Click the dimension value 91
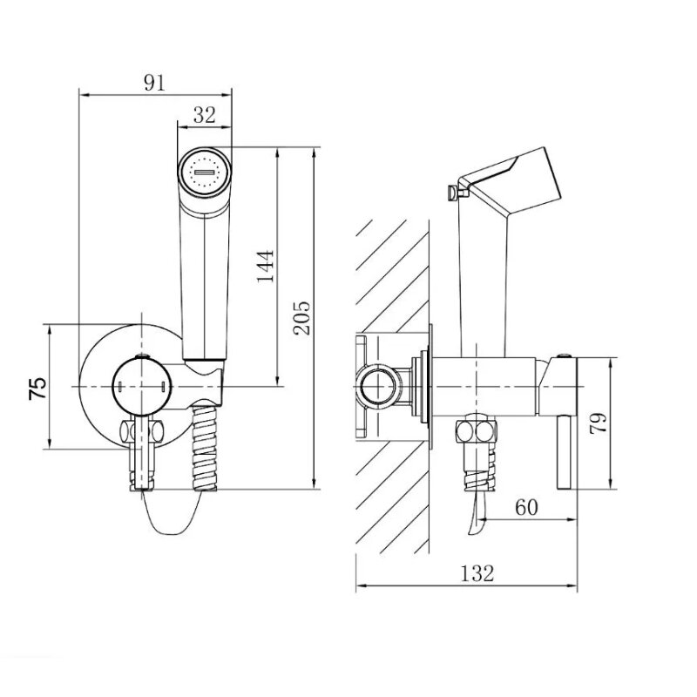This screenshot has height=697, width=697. [154, 83]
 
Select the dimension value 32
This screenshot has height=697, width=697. [205, 115]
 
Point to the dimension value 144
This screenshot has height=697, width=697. [266, 267]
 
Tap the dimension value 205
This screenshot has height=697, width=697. [301, 318]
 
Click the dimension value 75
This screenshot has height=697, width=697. [37, 388]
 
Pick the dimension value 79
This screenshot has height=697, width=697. [598, 423]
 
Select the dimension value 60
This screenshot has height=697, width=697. [526, 507]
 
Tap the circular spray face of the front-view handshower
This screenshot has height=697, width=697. [205, 172]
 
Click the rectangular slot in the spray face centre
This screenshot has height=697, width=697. [205, 172]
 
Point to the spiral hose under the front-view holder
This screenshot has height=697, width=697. [205, 447]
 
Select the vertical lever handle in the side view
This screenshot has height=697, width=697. [564, 451]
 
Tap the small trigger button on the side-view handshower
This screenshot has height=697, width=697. [453, 193]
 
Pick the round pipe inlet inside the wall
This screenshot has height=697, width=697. [377, 386]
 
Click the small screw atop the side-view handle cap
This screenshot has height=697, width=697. [564, 355]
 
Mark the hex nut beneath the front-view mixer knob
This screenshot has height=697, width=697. [141, 430]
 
